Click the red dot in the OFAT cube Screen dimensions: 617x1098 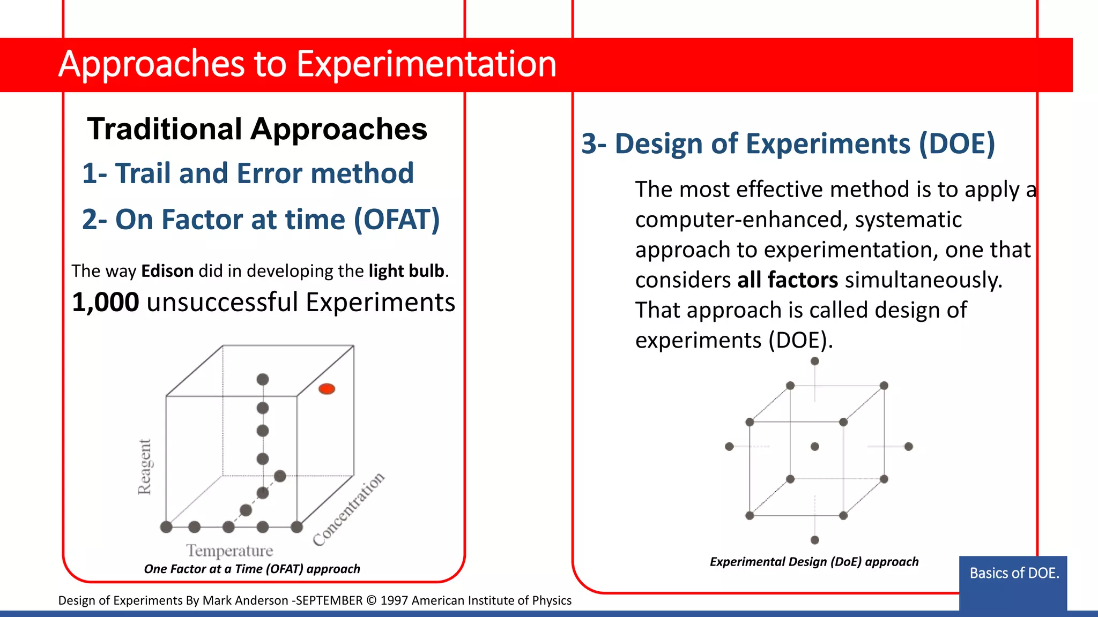pyautogui.click(x=327, y=389)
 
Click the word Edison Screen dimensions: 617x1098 pyautogui.click(x=167, y=271)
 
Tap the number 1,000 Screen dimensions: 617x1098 pyautogui.click(x=106, y=303)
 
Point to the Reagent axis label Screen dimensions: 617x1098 pyautogui.click(x=144, y=466)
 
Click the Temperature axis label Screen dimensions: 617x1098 pyautogui.click(x=229, y=551)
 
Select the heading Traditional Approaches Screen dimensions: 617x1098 pyautogui.click(x=257, y=129)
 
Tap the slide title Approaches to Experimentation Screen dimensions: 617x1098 pyautogui.click(x=307, y=64)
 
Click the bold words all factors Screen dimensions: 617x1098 pyautogui.click(x=787, y=280)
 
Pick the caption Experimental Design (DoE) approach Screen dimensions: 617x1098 pyautogui.click(x=814, y=562)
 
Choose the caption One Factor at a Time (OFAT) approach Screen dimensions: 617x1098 pyautogui.click(x=252, y=569)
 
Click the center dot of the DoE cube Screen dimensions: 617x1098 pyautogui.click(x=815, y=446)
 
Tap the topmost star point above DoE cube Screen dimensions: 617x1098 pyautogui.click(x=815, y=362)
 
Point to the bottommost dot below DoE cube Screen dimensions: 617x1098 pyautogui.click(x=815, y=540)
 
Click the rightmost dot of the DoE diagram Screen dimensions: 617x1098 pyautogui.click(x=908, y=446)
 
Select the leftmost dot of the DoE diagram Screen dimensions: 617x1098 pyautogui.click(x=729, y=446)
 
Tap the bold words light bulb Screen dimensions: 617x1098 pyautogui.click(x=406, y=271)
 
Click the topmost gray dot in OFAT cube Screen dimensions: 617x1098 pyautogui.click(x=263, y=379)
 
